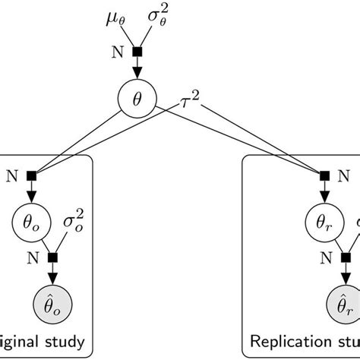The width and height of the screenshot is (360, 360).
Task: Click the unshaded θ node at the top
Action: click(137, 99)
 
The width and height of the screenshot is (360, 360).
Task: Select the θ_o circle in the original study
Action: click(31, 225)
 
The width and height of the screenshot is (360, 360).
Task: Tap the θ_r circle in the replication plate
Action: click(324, 225)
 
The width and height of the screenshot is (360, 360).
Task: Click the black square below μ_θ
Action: click(137, 52)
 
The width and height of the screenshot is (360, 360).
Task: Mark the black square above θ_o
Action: click(31, 176)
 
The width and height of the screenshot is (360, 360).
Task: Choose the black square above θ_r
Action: click(324, 176)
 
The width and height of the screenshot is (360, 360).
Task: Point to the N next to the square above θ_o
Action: click(10, 176)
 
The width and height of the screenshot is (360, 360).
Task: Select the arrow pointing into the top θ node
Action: click(137, 70)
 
